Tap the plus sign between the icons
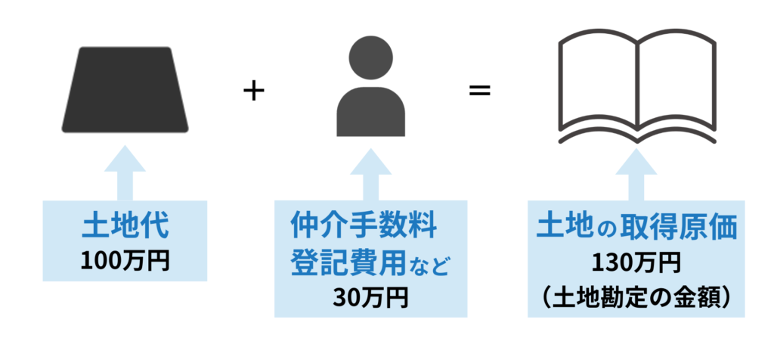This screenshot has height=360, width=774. [x=254, y=91]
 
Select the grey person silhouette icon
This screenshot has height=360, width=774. [x=370, y=91]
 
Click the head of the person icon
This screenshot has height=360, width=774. [x=370, y=58]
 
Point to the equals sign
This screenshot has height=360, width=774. [x=480, y=91]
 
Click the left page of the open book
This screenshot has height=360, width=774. [x=597, y=83]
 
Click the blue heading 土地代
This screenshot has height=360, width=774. [x=125, y=227]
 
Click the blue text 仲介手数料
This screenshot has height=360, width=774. [x=364, y=225]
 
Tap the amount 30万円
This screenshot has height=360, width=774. [x=370, y=297]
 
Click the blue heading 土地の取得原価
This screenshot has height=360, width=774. [x=636, y=226]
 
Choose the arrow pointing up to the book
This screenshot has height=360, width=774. [x=636, y=172]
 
